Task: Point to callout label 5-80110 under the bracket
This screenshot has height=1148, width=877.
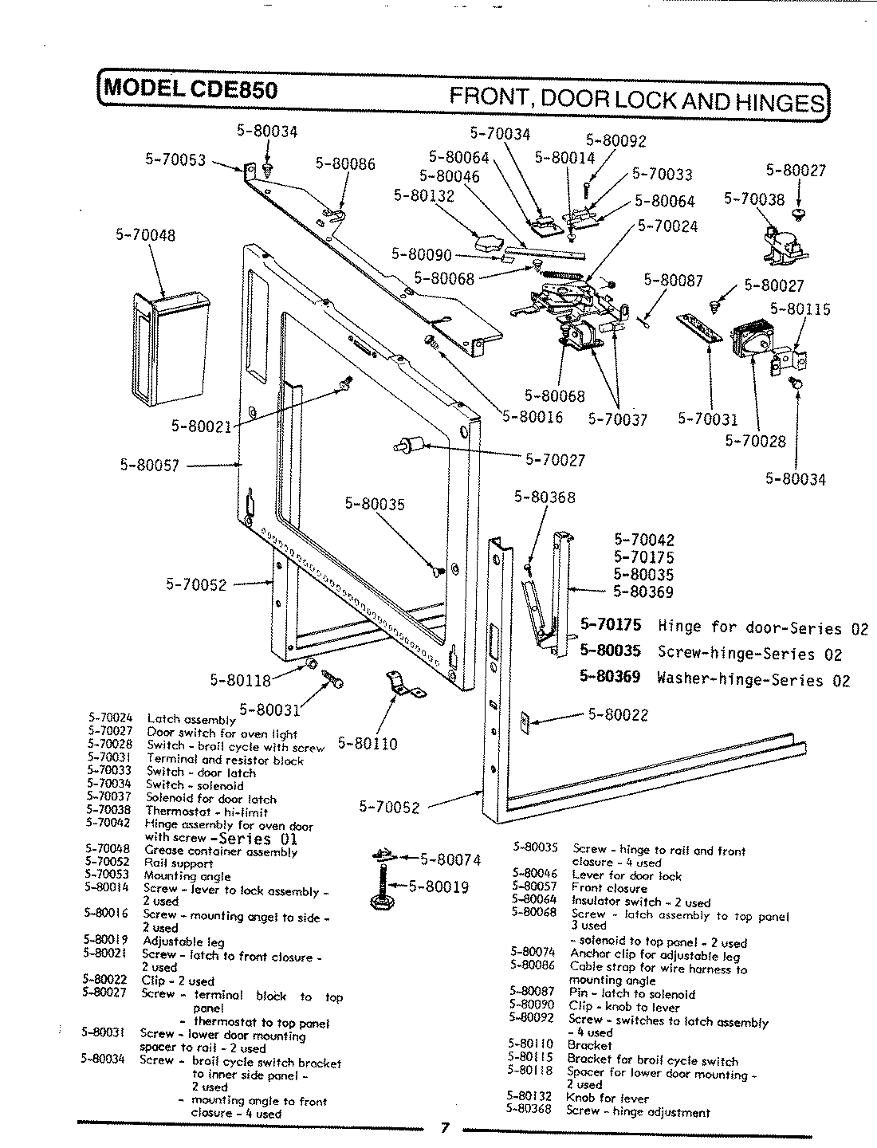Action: point(368,744)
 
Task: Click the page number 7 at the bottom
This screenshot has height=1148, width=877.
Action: point(446,1128)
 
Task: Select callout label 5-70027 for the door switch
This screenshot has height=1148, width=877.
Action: point(555,459)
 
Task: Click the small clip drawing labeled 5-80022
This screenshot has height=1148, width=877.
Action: point(524,721)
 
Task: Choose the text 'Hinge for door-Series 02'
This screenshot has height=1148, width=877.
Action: point(763,627)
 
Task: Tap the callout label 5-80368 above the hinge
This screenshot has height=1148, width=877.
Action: point(545,497)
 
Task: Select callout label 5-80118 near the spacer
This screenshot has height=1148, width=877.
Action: point(240,680)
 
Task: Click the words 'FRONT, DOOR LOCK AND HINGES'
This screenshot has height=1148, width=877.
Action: point(637,100)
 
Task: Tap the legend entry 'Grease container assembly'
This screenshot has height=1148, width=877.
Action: point(221,851)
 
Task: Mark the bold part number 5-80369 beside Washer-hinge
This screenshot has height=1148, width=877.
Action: point(610,678)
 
